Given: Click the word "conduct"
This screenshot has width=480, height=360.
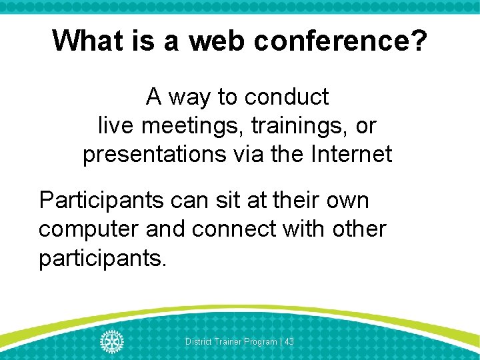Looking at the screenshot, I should click(287, 97).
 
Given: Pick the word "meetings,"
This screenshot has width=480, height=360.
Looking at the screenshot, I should click(189, 125).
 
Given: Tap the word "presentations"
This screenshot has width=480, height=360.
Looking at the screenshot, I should click(154, 154).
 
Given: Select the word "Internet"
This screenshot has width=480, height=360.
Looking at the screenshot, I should click(351, 154).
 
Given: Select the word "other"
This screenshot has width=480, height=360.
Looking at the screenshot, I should click(358, 229).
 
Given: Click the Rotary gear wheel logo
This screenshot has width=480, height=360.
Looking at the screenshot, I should click(112, 341).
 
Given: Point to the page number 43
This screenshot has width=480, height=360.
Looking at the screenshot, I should click(289, 341).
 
